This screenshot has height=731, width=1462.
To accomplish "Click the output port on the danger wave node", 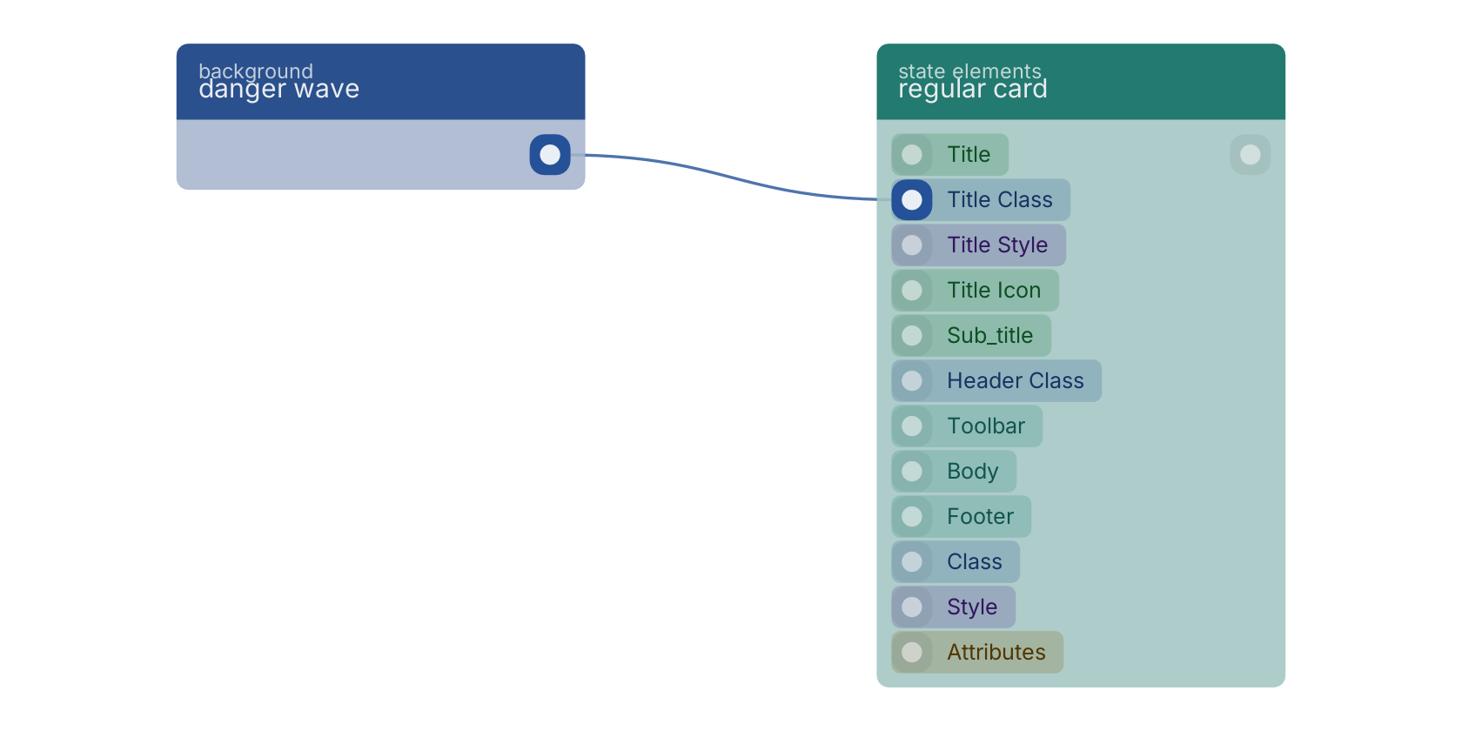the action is (550, 155).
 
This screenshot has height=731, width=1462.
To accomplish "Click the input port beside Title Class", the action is (912, 200).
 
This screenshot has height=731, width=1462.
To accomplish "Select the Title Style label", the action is (996, 245).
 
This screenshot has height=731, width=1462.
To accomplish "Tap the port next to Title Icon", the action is (912, 290).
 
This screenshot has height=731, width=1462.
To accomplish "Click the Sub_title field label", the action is (989, 336).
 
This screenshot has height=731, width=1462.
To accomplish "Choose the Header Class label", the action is (1015, 380).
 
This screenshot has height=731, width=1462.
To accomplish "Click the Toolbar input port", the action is (912, 426).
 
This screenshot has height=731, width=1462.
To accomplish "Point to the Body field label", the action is (973, 472).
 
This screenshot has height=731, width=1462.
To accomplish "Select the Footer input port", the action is (912, 516).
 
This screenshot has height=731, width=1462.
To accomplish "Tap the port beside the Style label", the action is (912, 607).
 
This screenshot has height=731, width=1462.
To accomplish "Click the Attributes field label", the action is (996, 652).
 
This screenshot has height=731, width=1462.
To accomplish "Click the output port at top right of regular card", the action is (1250, 155).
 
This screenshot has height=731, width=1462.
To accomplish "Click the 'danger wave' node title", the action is (278, 89).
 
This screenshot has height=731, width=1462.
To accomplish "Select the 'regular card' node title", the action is (973, 89).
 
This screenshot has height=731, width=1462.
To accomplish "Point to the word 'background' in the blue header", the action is (256, 70).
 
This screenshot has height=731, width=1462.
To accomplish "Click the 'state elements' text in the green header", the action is (969, 70).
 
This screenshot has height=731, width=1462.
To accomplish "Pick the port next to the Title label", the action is (912, 155).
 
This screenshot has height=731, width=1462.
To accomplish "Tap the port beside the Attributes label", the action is (912, 652).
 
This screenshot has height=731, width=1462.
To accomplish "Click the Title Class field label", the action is (999, 200).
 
